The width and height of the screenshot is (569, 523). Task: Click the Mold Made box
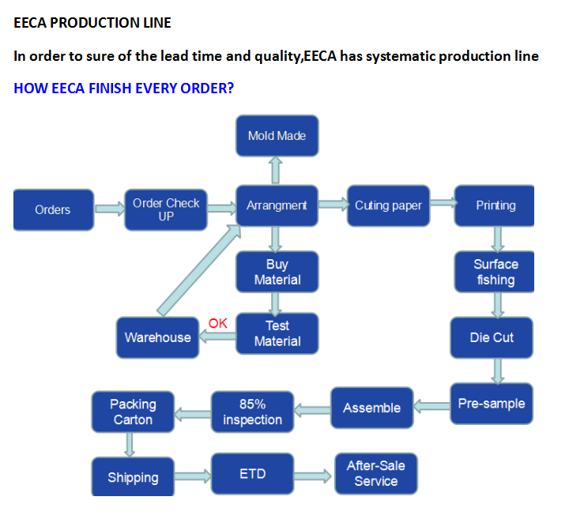click(x=277, y=135)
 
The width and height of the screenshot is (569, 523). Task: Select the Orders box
click(x=53, y=209)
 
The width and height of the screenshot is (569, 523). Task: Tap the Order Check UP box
click(x=166, y=209)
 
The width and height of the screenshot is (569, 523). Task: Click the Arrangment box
click(x=277, y=205)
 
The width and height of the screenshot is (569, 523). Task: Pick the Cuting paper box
click(x=388, y=205)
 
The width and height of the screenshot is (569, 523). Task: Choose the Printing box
click(x=495, y=205)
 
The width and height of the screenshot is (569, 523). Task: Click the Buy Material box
click(x=277, y=272)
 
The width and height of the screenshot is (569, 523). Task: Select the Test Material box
click(x=277, y=333)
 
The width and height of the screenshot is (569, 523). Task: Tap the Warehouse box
click(x=157, y=337)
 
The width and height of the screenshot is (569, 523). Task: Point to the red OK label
click(x=217, y=322)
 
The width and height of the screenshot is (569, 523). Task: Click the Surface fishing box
click(x=496, y=272)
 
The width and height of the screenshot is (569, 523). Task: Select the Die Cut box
click(x=492, y=337)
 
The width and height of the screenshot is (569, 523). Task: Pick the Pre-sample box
click(x=491, y=404)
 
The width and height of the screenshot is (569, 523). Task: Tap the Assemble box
click(x=371, y=408)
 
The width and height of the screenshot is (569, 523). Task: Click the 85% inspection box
click(x=252, y=412)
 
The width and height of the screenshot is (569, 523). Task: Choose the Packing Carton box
click(x=133, y=412)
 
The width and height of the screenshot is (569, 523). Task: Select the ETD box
click(x=252, y=474)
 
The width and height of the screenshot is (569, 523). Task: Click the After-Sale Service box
click(x=375, y=473)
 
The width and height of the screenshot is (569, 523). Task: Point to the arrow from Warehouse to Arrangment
click(x=198, y=268)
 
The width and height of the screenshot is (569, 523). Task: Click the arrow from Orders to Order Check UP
click(x=108, y=209)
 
